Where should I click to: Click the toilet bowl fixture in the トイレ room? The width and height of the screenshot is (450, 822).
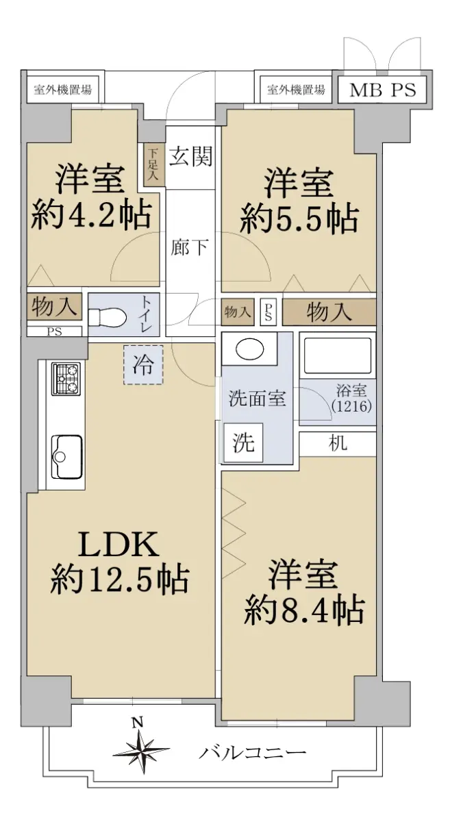108,316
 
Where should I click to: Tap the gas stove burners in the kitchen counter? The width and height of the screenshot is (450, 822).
66,379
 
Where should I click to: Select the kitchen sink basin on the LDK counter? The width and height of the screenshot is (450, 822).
66,457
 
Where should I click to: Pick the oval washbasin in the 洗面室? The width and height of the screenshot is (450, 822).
249,349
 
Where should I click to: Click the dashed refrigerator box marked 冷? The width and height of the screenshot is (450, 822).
143,364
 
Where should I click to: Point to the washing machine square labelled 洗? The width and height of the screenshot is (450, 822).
244,443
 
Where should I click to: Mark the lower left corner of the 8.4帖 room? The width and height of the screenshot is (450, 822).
221,721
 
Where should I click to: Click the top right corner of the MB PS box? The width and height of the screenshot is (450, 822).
427,76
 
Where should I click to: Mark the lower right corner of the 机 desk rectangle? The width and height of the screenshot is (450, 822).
376,456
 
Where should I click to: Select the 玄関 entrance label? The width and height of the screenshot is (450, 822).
191,156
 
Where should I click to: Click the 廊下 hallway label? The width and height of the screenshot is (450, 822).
190,247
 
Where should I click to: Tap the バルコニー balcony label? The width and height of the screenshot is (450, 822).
252,753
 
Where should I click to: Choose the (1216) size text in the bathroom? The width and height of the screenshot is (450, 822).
351,406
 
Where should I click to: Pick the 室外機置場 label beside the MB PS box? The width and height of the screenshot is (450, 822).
296,89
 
